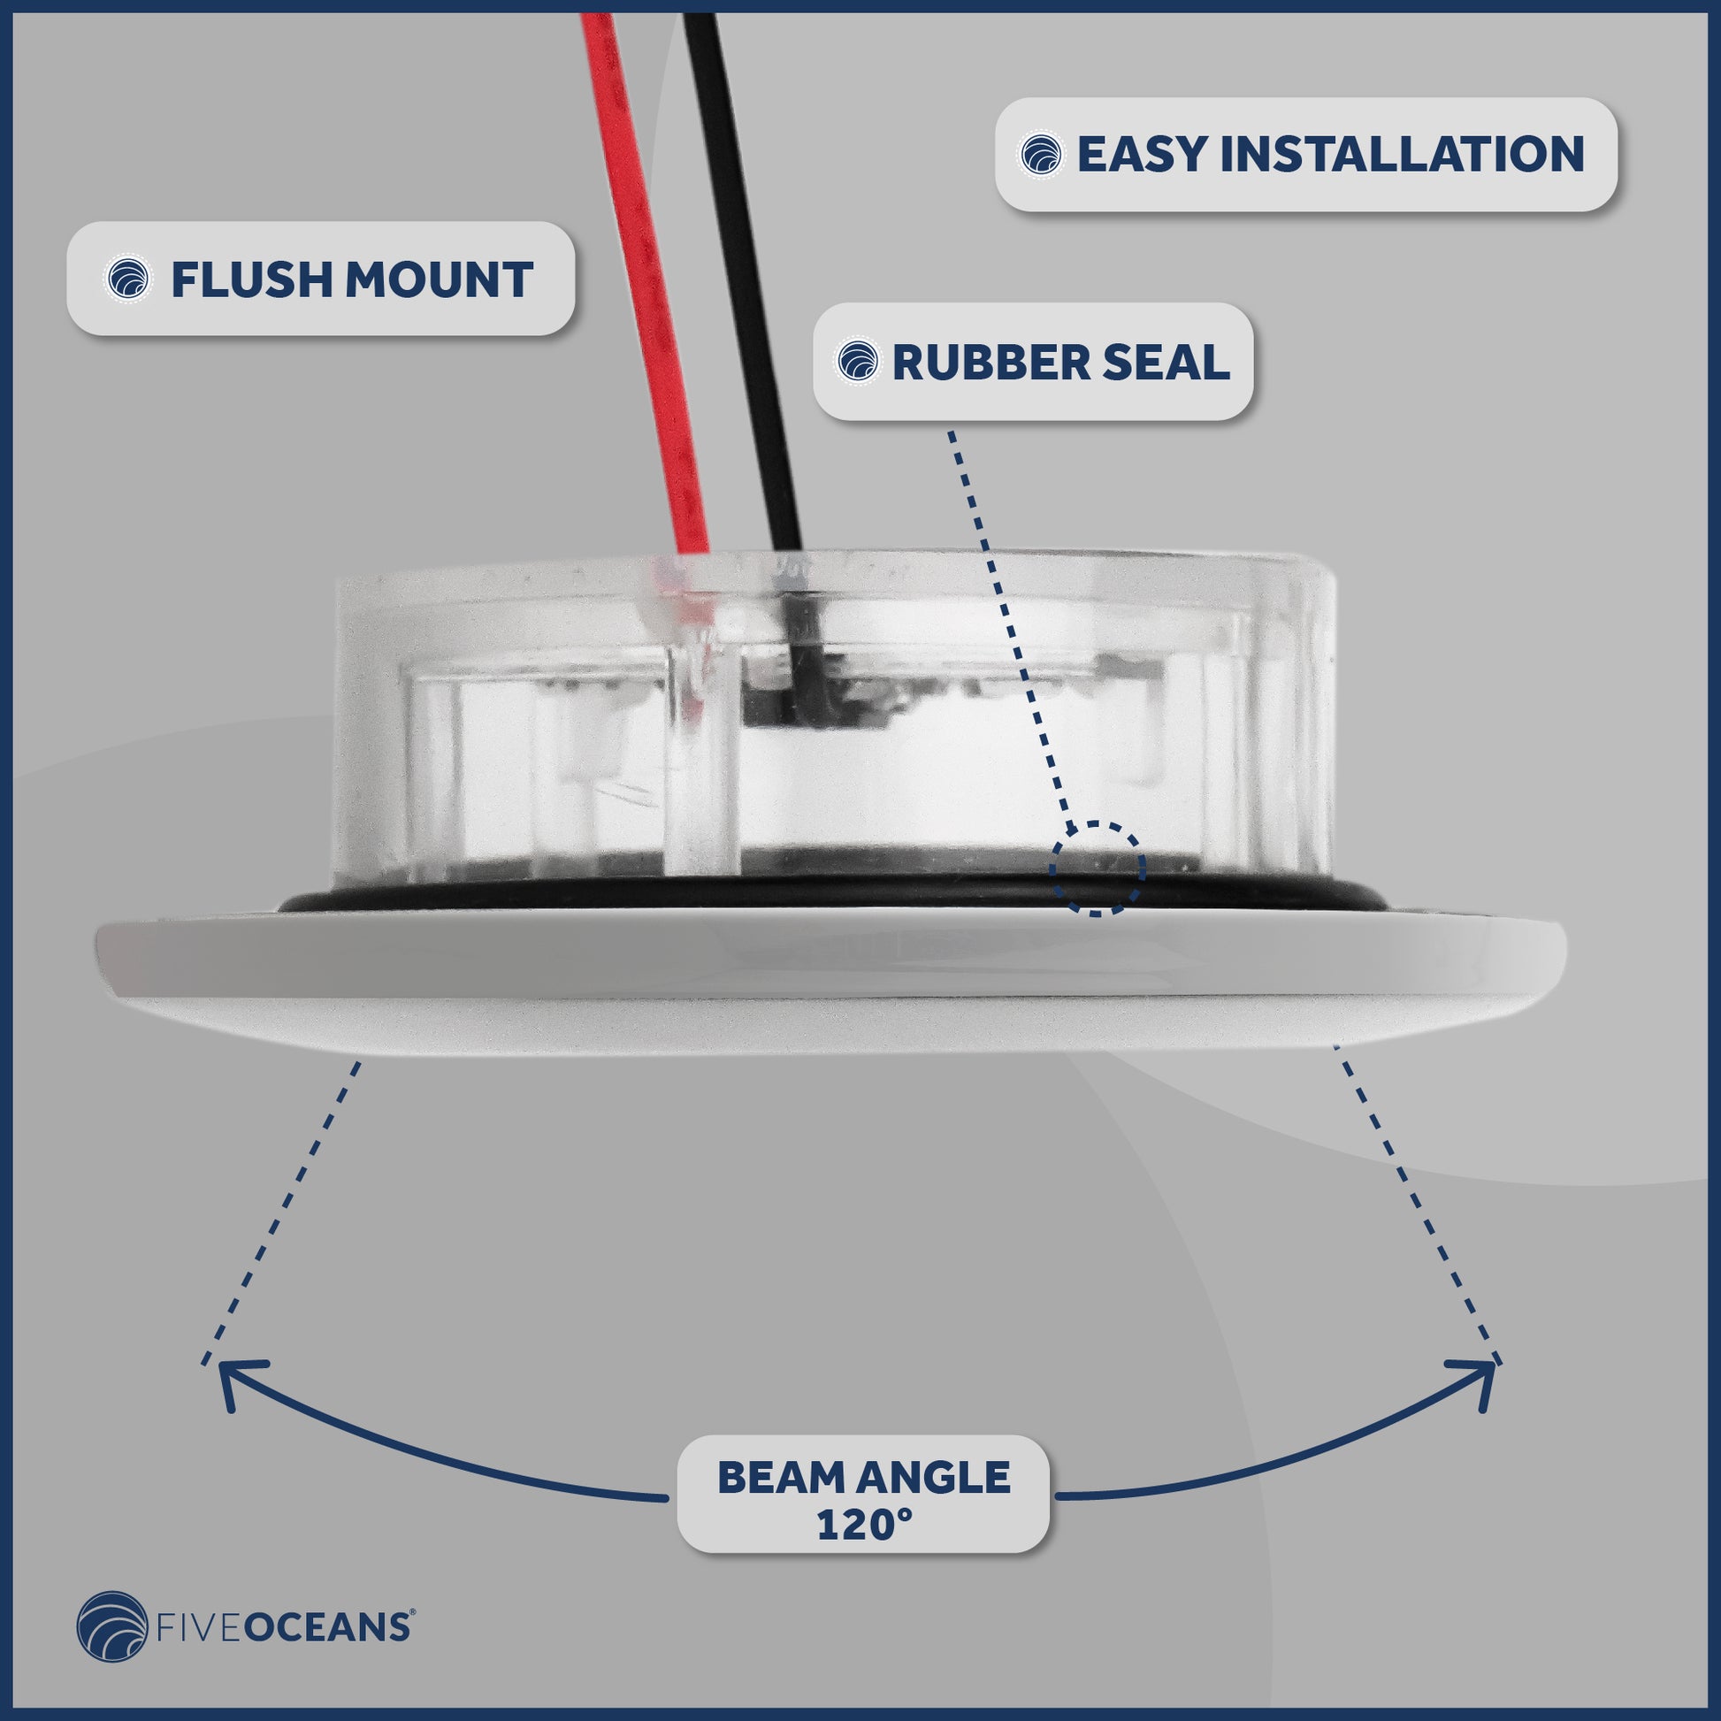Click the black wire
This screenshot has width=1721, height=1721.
pyautogui.click(x=745, y=285)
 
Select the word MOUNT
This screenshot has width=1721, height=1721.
pyautogui.click(x=440, y=279)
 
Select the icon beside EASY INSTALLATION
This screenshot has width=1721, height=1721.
pyautogui.click(x=1040, y=155)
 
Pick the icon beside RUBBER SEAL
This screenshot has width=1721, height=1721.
pyautogui.click(x=858, y=363)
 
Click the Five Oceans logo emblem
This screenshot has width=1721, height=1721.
pyautogui.click(x=112, y=1626)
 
